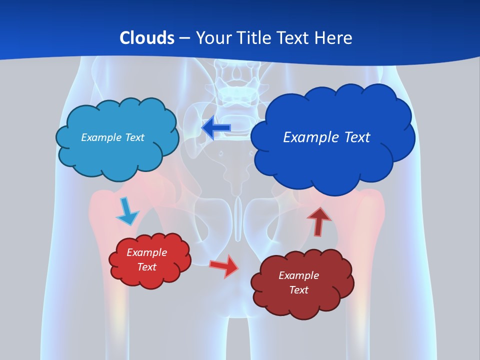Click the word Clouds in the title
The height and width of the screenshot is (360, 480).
(146, 37)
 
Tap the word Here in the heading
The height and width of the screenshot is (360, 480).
(335, 37)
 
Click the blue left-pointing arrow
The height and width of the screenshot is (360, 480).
(216, 127)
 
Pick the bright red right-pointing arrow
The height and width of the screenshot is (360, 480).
(224, 266)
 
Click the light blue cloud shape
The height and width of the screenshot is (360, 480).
(117, 150)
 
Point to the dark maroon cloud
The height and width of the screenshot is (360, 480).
(302, 300)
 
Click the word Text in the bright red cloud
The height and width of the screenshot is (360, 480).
(147, 267)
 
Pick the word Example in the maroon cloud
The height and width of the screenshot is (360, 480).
(298, 275)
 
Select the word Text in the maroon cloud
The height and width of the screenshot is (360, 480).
(298, 290)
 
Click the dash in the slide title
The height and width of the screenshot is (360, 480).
(185, 38)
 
